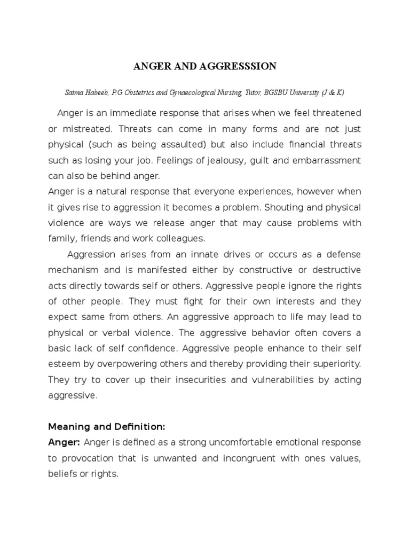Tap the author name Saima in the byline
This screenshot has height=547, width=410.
(x=75, y=92)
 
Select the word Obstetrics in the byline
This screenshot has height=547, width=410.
(x=141, y=92)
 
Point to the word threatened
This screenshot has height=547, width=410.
(x=336, y=113)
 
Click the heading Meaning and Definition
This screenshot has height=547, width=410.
(x=107, y=427)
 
